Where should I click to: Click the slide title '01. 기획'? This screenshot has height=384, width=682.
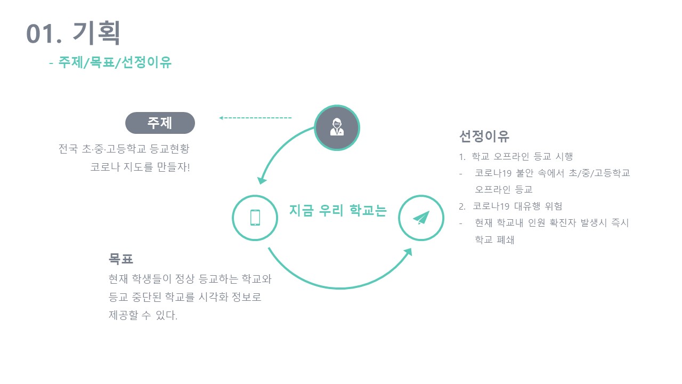[74, 33]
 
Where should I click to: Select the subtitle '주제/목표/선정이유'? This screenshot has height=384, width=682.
[115, 62]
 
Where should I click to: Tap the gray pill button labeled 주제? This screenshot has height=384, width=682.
[160, 123]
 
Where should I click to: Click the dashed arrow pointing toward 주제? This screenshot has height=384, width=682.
[255, 117]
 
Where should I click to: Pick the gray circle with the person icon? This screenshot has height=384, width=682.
[337, 127]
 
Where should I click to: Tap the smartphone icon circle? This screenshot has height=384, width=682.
[255, 218]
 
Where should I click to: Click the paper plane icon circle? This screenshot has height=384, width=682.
[421, 218]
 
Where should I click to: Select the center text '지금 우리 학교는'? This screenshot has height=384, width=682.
[338, 210]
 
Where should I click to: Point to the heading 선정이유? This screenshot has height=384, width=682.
[484, 137]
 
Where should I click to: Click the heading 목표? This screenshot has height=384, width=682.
[121, 259]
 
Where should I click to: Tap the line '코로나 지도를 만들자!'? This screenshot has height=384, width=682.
[140, 167]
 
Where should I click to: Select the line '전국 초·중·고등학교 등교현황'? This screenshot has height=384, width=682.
[124, 148]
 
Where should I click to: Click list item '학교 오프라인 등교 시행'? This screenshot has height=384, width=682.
[522, 157]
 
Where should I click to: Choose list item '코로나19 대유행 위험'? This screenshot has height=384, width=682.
[517, 206]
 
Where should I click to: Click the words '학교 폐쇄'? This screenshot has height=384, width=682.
[494, 240]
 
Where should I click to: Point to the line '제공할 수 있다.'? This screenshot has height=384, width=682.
[143, 316]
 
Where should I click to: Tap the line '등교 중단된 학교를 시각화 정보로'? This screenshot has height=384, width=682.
[185, 297]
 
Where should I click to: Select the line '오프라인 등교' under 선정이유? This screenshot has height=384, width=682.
[504, 190]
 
